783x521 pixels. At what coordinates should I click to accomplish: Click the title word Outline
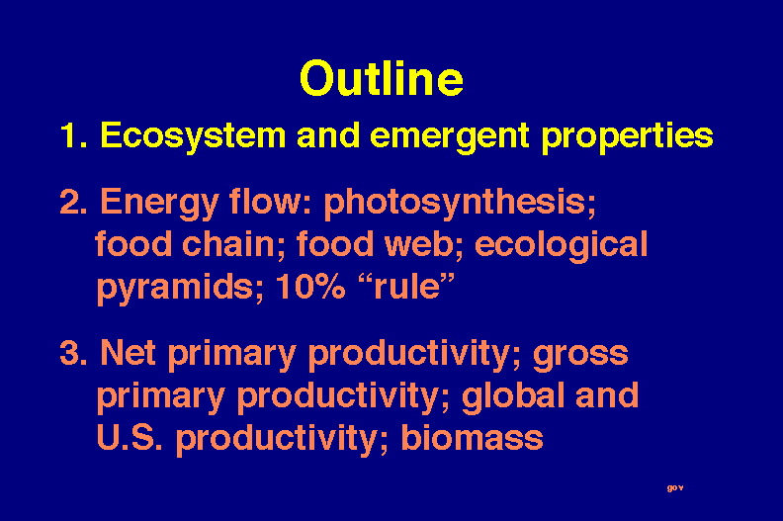(382, 78)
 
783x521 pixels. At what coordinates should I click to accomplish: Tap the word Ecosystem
(193, 135)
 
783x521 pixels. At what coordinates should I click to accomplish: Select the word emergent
(450, 135)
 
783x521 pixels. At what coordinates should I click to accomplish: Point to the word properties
(628, 135)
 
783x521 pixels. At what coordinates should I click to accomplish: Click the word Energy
(159, 203)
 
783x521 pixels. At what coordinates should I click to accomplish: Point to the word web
(423, 244)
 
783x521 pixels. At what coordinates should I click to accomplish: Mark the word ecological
(562, 245)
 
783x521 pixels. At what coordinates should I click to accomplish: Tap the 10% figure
(310, 287)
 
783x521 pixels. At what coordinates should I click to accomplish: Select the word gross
(580, 355)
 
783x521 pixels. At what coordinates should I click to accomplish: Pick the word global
(513, 396)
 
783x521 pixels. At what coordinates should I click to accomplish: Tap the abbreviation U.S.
(130, 438)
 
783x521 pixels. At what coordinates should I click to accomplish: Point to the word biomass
(472, 437)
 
